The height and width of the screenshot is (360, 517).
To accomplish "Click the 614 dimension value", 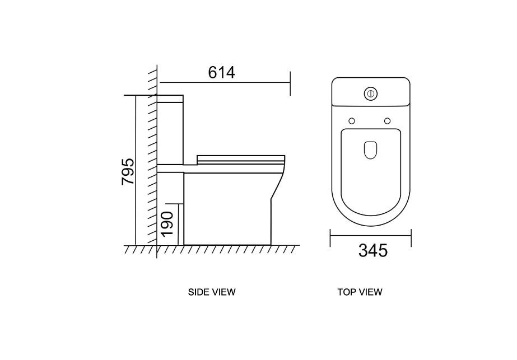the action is [222, 73].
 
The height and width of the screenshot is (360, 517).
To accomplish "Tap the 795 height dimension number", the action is [128, 172].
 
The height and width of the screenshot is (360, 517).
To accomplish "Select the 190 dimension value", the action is [167, 224].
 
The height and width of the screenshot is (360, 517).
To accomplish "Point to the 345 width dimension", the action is [373, 251].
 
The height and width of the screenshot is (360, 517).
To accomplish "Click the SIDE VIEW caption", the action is [212, 292].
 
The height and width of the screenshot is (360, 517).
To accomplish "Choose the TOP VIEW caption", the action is [360, 292].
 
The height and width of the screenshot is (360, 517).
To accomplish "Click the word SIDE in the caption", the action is [197, 292].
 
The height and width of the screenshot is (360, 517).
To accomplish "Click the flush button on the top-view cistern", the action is [371, 94].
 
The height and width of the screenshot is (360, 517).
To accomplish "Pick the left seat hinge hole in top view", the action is [352, 121].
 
